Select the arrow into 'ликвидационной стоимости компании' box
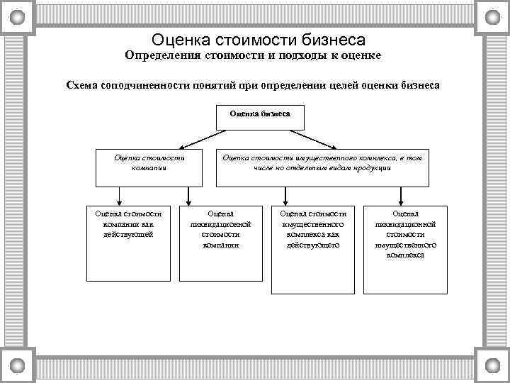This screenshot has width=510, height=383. [x=188, y=196]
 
